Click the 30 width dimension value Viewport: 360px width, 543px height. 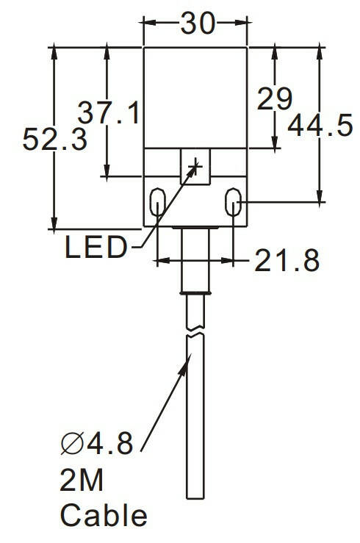pyautogui.click(x=198, y=24)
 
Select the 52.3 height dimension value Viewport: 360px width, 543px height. pyautogui.click(x=54, y=139)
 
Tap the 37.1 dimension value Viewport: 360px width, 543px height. pyautogui.click(x=108, y=113)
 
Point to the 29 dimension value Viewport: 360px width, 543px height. pyautogui.click(x=275, y=98)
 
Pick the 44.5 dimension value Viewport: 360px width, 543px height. pyautogui.click(x=320, y=125)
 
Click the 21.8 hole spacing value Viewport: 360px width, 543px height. pyautogui.click(x=287, y=260)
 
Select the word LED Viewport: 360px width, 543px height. pyautogui.click(x=96, y=247)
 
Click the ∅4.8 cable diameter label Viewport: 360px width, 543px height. pyautogui.click(x=97, y=443)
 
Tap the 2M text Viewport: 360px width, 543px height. pyautogui.click(x=82, y=480)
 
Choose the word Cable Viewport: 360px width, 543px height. pyautogui.click(x=104, y=515)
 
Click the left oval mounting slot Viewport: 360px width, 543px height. pyautogui.click(x=157, y=202)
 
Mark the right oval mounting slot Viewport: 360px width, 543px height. pyautogui.click(x=234, y=202)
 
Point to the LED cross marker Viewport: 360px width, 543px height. pyautogui.click(x=196, y=167)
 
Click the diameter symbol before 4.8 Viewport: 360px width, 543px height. pyautogui.click(x=72, y=443)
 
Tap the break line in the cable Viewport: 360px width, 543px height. pyautogui.click(x=195, y=331)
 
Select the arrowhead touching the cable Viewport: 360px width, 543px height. pyautogui.click(x=185, y=364)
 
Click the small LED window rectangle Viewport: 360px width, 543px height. pyautogui.click(x=195, y=166)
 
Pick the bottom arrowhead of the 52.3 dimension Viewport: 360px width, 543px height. pyautogui.click(x=54, y=223)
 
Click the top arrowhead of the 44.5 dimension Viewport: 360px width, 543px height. pyautogui.click(x=320, y=53)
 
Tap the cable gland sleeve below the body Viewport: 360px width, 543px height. pyautogui.click(x=195, y=262)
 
